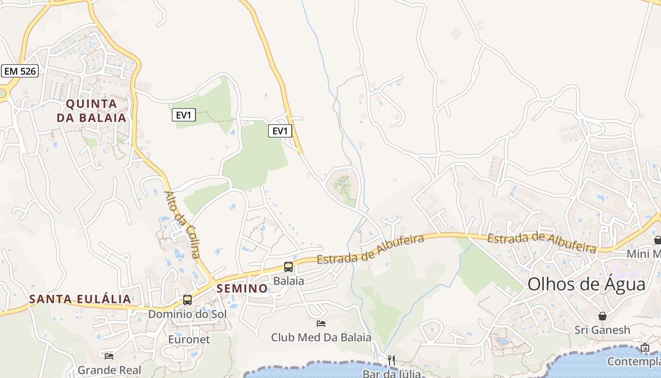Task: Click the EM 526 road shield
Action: coord(19,71)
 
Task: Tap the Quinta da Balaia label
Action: coord(92,111)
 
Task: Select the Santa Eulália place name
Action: coord(80,299)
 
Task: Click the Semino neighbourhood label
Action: coord(242,288)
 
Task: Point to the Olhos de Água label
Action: coord(586,284)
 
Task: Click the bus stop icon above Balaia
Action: coord(288,267)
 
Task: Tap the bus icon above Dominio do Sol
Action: coord(187,300)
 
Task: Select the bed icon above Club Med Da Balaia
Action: coord(321,324)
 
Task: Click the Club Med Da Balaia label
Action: coord(321,337)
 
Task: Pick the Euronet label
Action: coord(189,339)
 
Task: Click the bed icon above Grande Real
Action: coord(109,356)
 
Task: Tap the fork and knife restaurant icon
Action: coord(391,361)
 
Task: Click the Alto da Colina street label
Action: coord(182,224)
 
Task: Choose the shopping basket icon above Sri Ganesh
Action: coord(602,316)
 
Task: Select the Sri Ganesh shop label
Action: coord(602,330)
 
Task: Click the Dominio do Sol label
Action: coord(187,314)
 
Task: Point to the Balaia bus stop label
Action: coord(288,281)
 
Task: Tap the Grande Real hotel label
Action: coord(110,369)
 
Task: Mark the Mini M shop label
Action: coord(644,254)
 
